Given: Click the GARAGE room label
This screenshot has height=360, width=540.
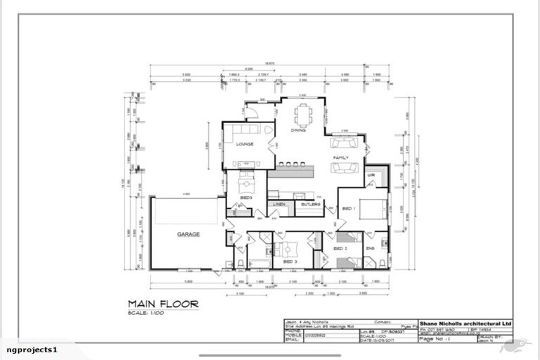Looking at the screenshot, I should (x=188, y=234).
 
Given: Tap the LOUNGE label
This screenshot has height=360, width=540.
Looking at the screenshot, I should (x=245, y=144).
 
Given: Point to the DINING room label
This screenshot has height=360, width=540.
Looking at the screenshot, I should (x=298, y=131).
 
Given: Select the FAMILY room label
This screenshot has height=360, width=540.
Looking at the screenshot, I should (x=340, y=157).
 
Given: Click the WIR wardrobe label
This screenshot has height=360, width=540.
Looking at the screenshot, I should (x=371, y=175).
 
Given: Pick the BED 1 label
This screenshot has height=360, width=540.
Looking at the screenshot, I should (x=348, y=210).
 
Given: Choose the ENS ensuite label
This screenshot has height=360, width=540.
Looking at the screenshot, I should (x=370, y=249).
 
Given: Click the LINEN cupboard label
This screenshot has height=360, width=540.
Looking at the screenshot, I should (x=280, y=205).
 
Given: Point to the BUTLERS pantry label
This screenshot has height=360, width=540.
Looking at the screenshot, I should (x=310, y=205).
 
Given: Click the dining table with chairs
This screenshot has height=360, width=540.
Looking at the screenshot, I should (x=304, y=114).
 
